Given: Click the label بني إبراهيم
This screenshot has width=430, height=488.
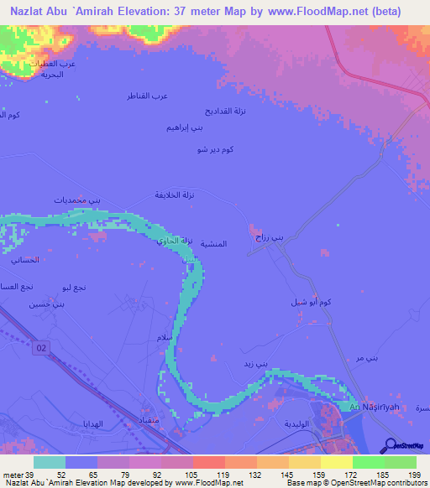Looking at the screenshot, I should pos(186,127).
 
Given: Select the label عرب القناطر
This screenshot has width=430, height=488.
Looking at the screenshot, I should pos(147,95).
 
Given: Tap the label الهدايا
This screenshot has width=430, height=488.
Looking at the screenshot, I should pos(92,423).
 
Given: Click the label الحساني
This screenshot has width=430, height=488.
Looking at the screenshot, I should pos(26,261).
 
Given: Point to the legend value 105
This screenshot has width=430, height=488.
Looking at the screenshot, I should pos(177,473).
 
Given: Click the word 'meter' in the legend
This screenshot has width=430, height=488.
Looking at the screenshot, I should pos(13,473).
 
